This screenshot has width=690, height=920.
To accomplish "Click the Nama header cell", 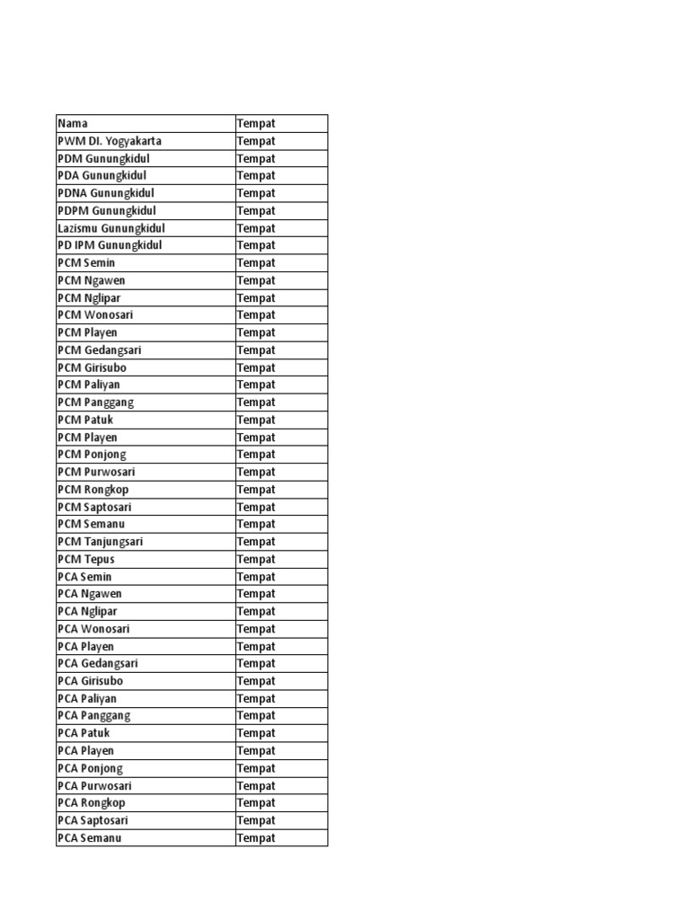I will tap(73, 123).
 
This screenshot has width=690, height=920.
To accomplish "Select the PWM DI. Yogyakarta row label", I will tap(110, 141).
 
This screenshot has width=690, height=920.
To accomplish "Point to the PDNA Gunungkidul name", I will tap(106, 193).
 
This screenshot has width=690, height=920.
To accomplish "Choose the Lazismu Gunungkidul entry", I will tap(111, 228).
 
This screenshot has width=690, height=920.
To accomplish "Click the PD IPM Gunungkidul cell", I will tap(110, 245).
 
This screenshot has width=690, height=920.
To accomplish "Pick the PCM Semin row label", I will tap(86, 263).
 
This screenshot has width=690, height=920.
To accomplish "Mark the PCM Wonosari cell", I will tap(95, 315).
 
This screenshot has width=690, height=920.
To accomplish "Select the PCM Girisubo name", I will tap(93, 367).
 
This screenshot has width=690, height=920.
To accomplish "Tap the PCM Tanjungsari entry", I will tap(101, 542).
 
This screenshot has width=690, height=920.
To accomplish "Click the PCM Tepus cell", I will tap(86, 559).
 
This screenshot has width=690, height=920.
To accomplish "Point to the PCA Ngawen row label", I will tap(90, 594).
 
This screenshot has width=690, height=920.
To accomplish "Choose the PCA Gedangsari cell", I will tap(98, 663).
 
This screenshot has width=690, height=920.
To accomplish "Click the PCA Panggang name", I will tap(94, 715).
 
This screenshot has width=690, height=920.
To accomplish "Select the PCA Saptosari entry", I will tap(94, 820).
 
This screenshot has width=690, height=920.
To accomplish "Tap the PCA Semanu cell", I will tap(90, 838).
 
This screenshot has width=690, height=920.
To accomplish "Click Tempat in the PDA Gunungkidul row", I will tap(256, 176).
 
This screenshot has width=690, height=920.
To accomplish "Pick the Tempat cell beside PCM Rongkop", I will tap(256, 490).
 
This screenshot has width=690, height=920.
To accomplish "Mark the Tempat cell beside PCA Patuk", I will tap(256, 733).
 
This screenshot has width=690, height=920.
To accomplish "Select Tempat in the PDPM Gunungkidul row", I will tap(256, 211).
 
